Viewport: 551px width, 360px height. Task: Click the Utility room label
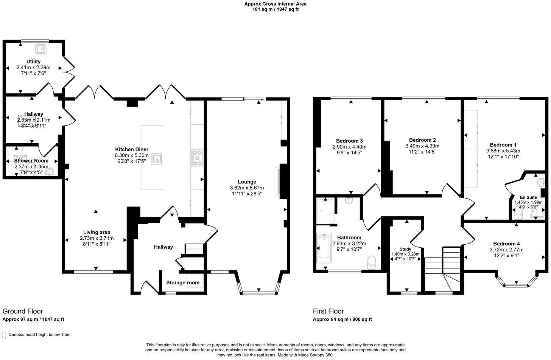click(33, 61)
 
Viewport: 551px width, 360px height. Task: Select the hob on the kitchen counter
click(197, 158)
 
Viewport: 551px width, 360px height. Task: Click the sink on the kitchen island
click(157, 159)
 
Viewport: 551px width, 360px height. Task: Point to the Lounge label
click(247, 182)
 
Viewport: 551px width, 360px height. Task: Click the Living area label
click(97, 232)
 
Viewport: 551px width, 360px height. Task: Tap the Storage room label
click(183, 282)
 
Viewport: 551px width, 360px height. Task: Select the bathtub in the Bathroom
click(324, 248)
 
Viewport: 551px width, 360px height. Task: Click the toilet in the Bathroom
click(371, 262)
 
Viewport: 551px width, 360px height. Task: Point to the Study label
click(405, 249)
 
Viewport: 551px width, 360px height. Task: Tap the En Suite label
click(528, 197)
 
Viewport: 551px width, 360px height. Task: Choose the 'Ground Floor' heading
click(23, 311)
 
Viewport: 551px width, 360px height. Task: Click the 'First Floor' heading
click(328, 311)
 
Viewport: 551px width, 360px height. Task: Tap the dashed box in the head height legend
click(4, 335)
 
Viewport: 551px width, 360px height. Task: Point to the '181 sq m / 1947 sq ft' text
click(275, 9)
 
